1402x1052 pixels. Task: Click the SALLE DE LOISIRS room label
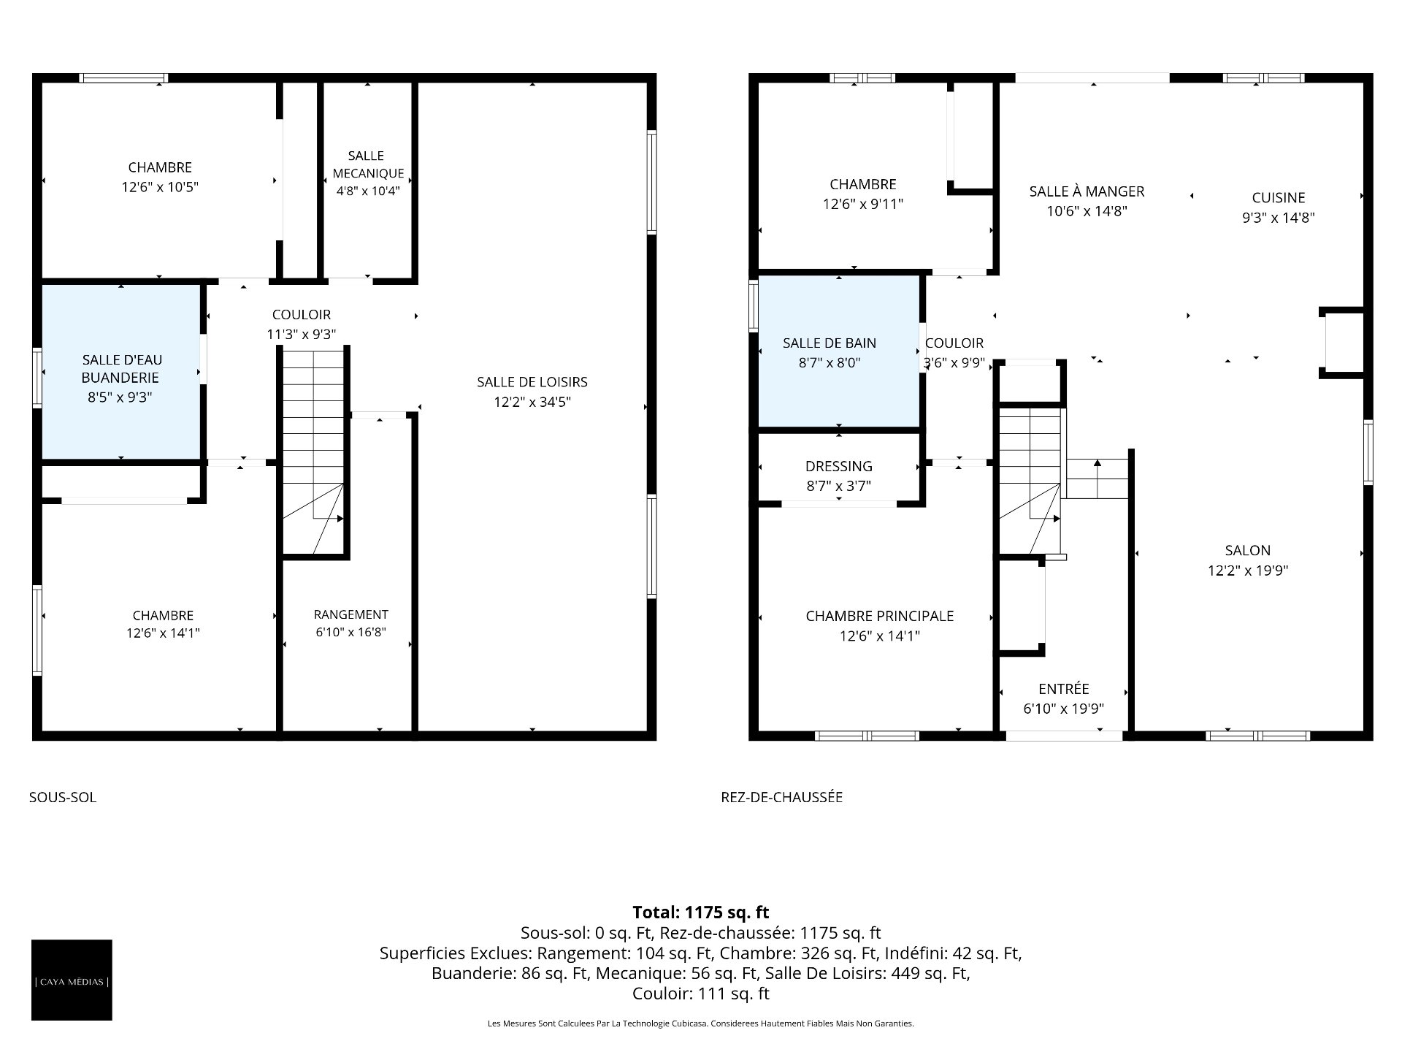(532, 382)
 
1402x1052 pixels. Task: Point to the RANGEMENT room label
(351, 614)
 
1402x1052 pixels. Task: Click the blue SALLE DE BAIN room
(839, 351)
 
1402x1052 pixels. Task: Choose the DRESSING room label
(839, 466)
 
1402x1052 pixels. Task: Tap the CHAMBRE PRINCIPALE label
(879, 616)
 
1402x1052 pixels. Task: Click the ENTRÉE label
(1063, 689)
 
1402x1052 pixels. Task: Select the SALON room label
(1248, 551)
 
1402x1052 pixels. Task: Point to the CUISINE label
(1279, 197)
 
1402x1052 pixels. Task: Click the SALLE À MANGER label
(1087, 191)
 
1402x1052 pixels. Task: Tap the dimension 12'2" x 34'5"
(532, 402)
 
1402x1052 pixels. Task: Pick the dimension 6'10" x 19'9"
(1063, 709)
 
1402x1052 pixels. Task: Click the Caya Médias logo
(72, 980)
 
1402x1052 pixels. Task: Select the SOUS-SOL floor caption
(63, 797)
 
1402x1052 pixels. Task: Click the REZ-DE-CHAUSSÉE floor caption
(781, 797)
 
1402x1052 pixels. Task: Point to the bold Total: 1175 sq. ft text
(701, 912)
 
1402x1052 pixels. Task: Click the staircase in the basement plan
(313, 451)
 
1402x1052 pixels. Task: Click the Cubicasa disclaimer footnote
(701, 1024)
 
